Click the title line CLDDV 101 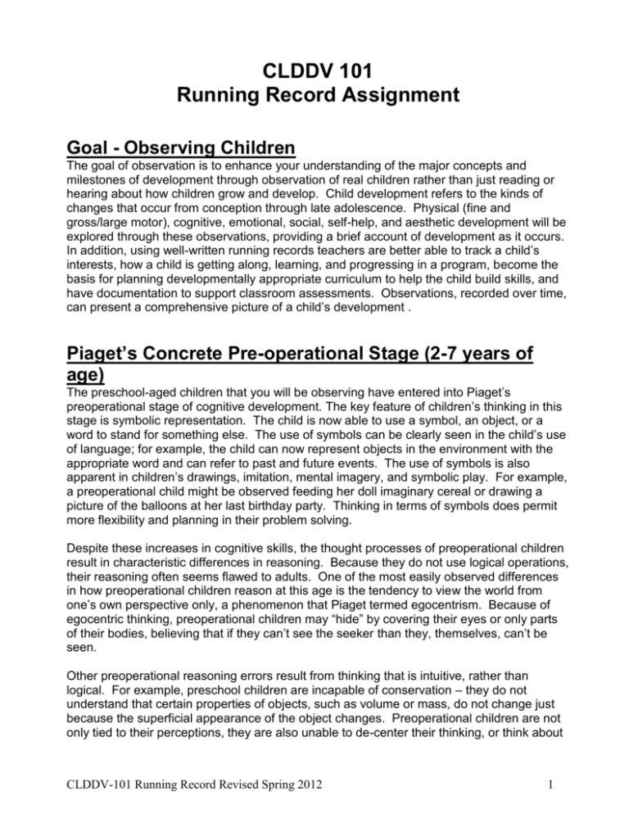(314, 54)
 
